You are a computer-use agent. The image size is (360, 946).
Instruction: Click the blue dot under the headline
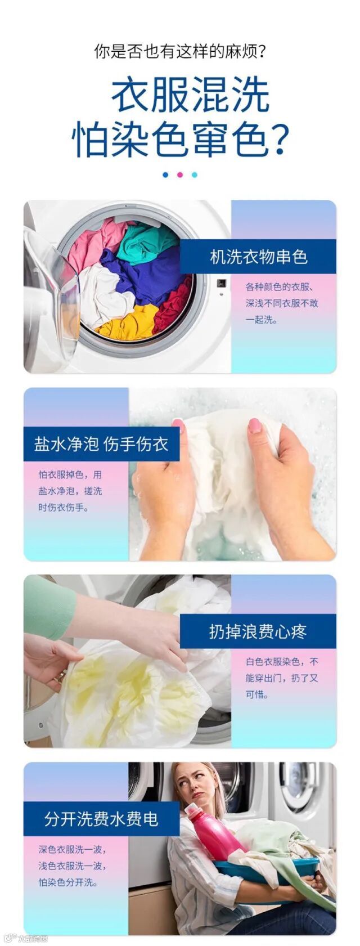click(165, 175)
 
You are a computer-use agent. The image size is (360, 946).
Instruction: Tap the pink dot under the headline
click(180, 175)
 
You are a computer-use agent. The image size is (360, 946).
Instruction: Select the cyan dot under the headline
click(194, 175)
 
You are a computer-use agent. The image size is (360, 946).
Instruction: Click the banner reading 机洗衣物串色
click(258, 257)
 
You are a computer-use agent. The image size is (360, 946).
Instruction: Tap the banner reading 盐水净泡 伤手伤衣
click(101, 444)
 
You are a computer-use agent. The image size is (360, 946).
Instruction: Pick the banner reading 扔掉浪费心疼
click(258, 631)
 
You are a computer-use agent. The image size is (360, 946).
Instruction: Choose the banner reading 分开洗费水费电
click(101, 818)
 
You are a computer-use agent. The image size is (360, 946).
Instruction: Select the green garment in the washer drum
click(146, 241)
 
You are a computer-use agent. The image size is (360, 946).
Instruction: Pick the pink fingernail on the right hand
click(254, 425)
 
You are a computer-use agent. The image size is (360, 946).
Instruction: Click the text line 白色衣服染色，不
click(282, 662)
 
